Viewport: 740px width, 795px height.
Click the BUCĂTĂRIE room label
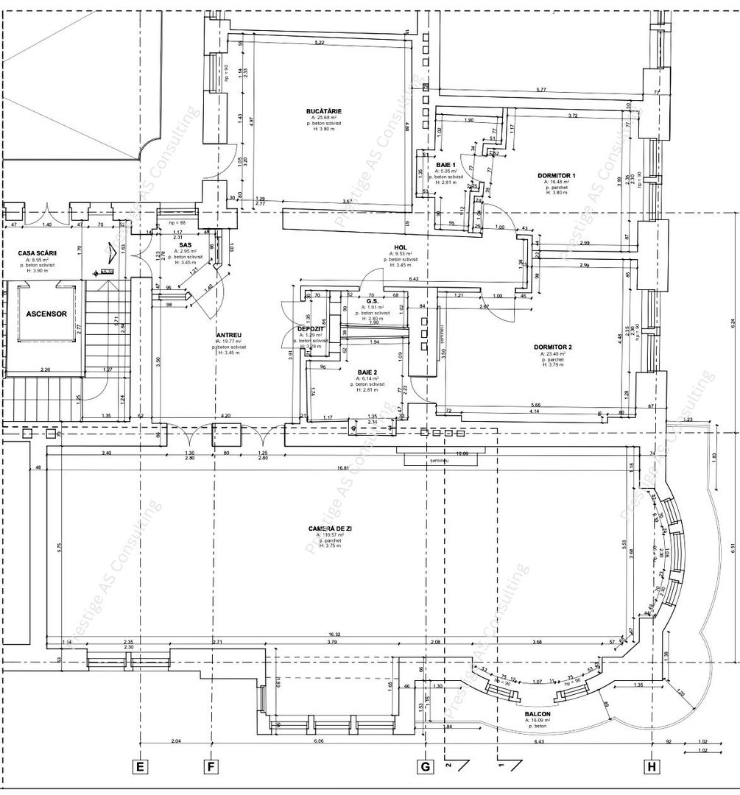point(325,111)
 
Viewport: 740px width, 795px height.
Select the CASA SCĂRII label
point(38,253)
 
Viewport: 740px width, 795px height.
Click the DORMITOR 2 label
point(554,347)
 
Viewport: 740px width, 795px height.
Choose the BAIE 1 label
point(446,165)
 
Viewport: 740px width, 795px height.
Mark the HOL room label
point(401,248)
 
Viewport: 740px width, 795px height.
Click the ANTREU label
point(230,335)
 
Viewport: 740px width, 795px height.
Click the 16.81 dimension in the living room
point(342,467)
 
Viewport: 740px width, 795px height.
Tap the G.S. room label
point(372,301)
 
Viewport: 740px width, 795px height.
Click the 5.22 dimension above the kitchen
point(320,43)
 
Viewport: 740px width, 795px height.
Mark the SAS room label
point(186,245)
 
